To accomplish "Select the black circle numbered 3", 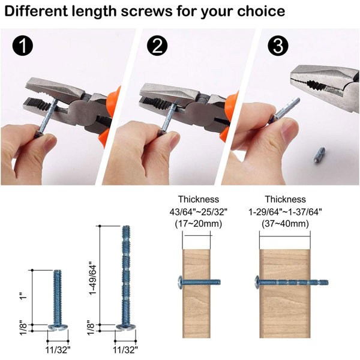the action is click(278, 46).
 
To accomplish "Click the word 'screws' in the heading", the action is click(146, 11).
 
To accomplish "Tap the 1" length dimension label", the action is click(23, 296).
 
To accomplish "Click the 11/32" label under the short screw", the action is click(58, 350).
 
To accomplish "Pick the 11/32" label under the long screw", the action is click(125, 350).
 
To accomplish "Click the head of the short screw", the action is click(58, 327).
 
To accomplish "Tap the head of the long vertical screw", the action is click(125, 327).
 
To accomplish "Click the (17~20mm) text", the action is click(199, 223).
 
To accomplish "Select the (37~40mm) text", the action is click(285, 223).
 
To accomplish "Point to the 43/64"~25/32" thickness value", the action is click(199, 212).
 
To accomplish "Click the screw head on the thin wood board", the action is click(180, 282).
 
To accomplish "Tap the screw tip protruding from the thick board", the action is click(319, 283).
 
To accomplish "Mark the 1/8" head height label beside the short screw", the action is click(23, 328).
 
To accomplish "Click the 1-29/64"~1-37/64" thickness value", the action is click(285, 212).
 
